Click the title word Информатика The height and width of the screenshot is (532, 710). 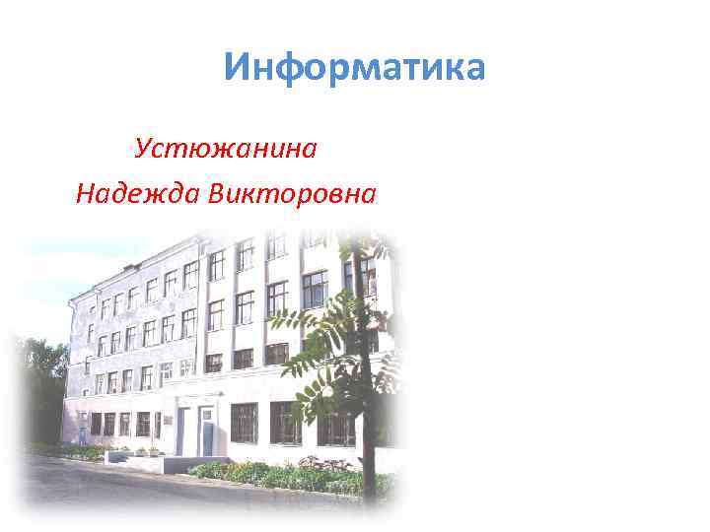click(354, 69)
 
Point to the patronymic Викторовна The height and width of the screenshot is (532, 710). click(292, 194)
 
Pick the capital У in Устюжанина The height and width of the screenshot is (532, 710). click(144, 149)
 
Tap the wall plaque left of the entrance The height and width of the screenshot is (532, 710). click(169, 421)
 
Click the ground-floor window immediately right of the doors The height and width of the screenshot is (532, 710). click(244, 422)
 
